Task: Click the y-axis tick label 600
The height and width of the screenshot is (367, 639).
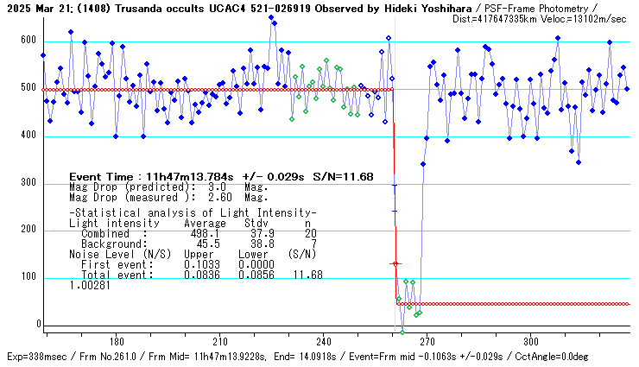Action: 28,41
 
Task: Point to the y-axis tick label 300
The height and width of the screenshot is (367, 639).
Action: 28,183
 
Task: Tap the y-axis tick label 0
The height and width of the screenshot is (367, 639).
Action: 36,326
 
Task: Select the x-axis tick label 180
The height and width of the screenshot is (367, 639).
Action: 117,340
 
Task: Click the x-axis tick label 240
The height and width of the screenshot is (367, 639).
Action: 324,340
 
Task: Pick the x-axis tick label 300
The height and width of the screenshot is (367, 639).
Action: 531,340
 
